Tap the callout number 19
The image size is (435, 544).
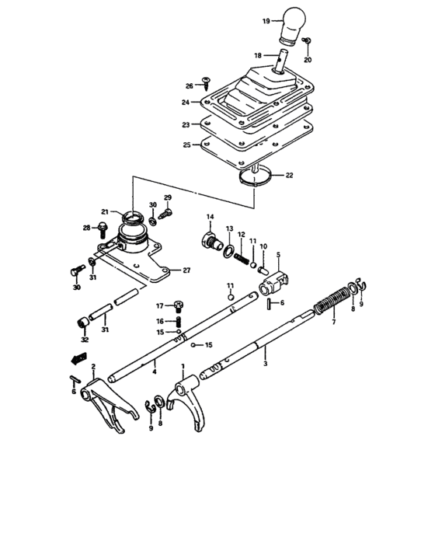(x=266, y=21)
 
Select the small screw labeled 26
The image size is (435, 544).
(x=207, y=81)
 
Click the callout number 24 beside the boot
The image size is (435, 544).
(x=186, y=102)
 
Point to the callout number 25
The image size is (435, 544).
(x=186, y=145)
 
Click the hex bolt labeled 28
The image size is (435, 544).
(x=102, y=228)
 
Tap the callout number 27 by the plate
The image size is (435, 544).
(x=186, y=270)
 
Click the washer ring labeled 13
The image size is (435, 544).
(x=228, y=249)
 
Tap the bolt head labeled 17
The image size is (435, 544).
(x=178, y=305)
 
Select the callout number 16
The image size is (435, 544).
(x=159, y=320)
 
